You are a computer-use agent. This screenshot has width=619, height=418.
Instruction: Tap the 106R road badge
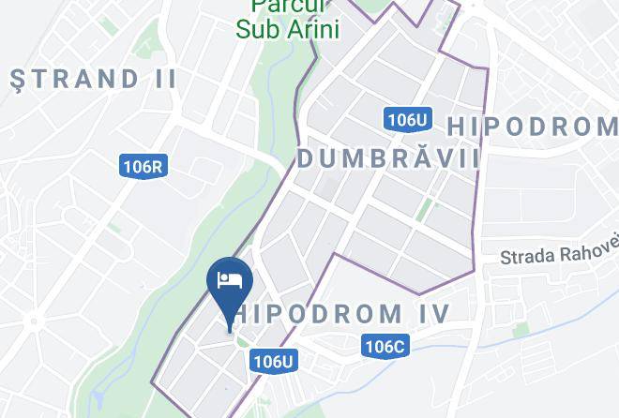tap(143, 167)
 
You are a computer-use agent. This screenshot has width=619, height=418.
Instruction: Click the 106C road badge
tap(385, 347)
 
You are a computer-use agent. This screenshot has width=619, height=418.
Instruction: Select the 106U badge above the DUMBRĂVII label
tap(408, 119)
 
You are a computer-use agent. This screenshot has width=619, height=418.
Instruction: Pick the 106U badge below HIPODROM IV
tap(274, 361)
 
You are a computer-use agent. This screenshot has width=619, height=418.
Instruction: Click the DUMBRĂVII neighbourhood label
tap(388, 159)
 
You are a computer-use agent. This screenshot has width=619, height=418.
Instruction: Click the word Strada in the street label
tap(529, 256)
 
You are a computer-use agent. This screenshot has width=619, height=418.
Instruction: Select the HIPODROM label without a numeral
tap(531, 126)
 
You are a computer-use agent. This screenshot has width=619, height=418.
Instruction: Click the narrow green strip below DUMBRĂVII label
tap(425, 209)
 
